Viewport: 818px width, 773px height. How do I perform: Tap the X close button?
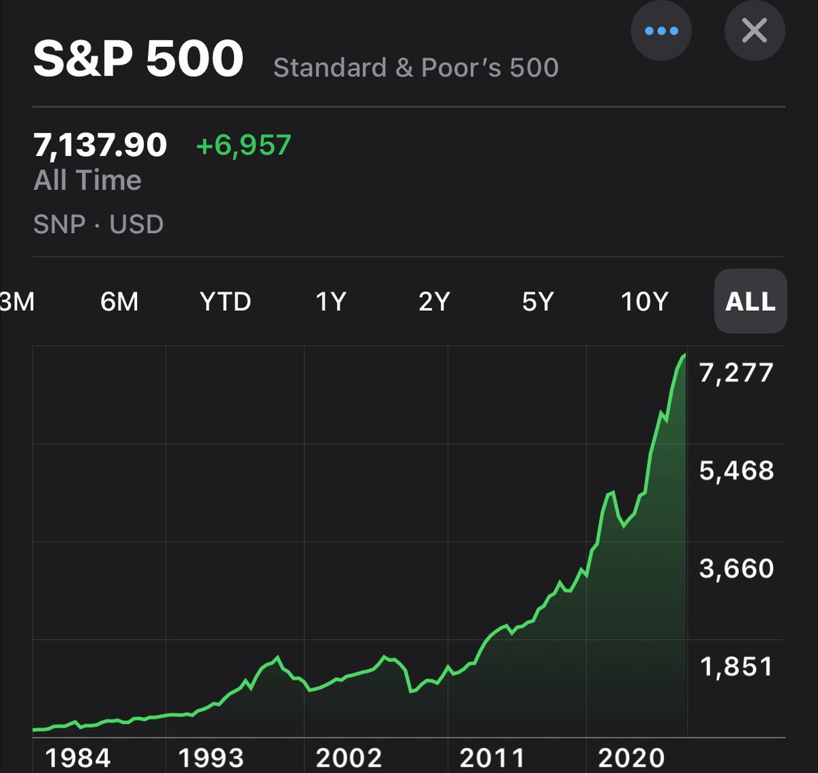(x=754, y=31)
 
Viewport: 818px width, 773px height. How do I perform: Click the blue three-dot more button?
(x=661, y=31)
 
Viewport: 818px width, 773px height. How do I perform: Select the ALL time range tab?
(x=750, y=301)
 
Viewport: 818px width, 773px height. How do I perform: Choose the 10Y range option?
(x=643, y=301)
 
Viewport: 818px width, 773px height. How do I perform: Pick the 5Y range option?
(x=537, y=301)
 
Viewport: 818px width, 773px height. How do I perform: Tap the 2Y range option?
(x=434, y=301)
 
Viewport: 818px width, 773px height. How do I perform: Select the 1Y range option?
(x=331, y=301)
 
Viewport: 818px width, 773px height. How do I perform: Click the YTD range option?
(x=225, y=301)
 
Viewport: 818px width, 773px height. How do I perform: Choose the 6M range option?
(x=119, y=301)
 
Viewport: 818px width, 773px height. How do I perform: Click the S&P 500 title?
(x=138, y=59)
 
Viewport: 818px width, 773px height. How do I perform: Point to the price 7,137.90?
(x=100, y=145)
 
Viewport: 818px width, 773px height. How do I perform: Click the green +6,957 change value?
(x=243, y=145)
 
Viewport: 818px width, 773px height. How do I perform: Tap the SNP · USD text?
(x=99, y=224)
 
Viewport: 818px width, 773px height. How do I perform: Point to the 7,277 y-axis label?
(x=736, y=373)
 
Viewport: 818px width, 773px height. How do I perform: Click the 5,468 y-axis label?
(x=736, y=470)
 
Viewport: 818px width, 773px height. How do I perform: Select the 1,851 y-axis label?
(x=736, y=667)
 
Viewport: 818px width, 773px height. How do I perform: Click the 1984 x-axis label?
(x=78, y=758)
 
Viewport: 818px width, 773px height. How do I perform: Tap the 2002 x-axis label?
(x=348, y=758)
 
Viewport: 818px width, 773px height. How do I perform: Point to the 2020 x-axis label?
(x=631, y=758)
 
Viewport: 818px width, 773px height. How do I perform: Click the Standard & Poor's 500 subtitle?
(x=416, y=67)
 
